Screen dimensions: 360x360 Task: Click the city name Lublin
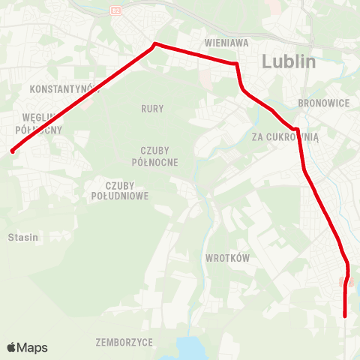coord(289,62)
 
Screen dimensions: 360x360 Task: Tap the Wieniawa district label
coord(226,43)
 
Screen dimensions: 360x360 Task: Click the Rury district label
coord(152,109)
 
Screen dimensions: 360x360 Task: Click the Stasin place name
coord(22,237)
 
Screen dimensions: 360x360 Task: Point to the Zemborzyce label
coord(124,342)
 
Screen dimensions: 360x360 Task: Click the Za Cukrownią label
coord(286,136)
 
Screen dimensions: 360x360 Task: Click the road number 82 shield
coord(115,10)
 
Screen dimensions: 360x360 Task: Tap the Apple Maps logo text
coord(32,348)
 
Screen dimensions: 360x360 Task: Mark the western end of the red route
coord(13,151)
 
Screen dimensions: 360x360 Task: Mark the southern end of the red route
coord(345,316)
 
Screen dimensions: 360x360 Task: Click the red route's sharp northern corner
coord(155,43)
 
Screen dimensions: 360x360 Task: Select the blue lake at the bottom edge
coord(192,349)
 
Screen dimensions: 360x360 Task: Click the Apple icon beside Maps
coord(11,347)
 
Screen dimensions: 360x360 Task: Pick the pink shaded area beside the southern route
coord(343,282)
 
